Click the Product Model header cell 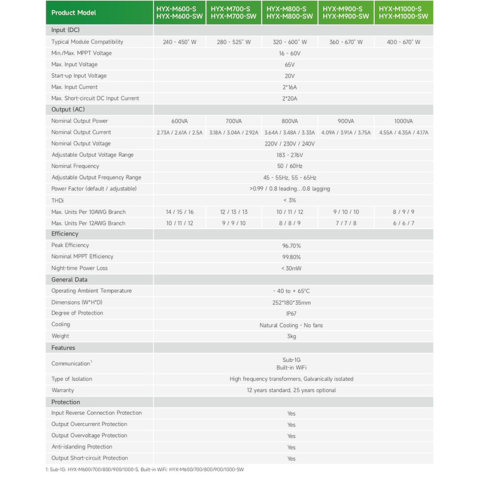click(x=73, y=13)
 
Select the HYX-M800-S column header click(x=290, y=13)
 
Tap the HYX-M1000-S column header click(x=404, y=13)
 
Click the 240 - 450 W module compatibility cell click(x=179, y=43)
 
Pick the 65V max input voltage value click(x=290, y=65)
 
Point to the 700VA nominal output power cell click(x=234, y=121)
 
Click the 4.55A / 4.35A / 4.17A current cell click(x=404, y=132)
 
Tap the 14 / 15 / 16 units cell click(x=179, y=212)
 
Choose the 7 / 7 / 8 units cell click(x=345, y=223)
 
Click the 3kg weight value click(x=291, y=336)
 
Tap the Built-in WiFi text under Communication click(x=291, y=367)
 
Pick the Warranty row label click(x=63, y=390)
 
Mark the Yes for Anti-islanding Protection click(x=291, y=447)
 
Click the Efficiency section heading click(x=65, y=234)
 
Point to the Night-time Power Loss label click(x=80, y=268)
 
